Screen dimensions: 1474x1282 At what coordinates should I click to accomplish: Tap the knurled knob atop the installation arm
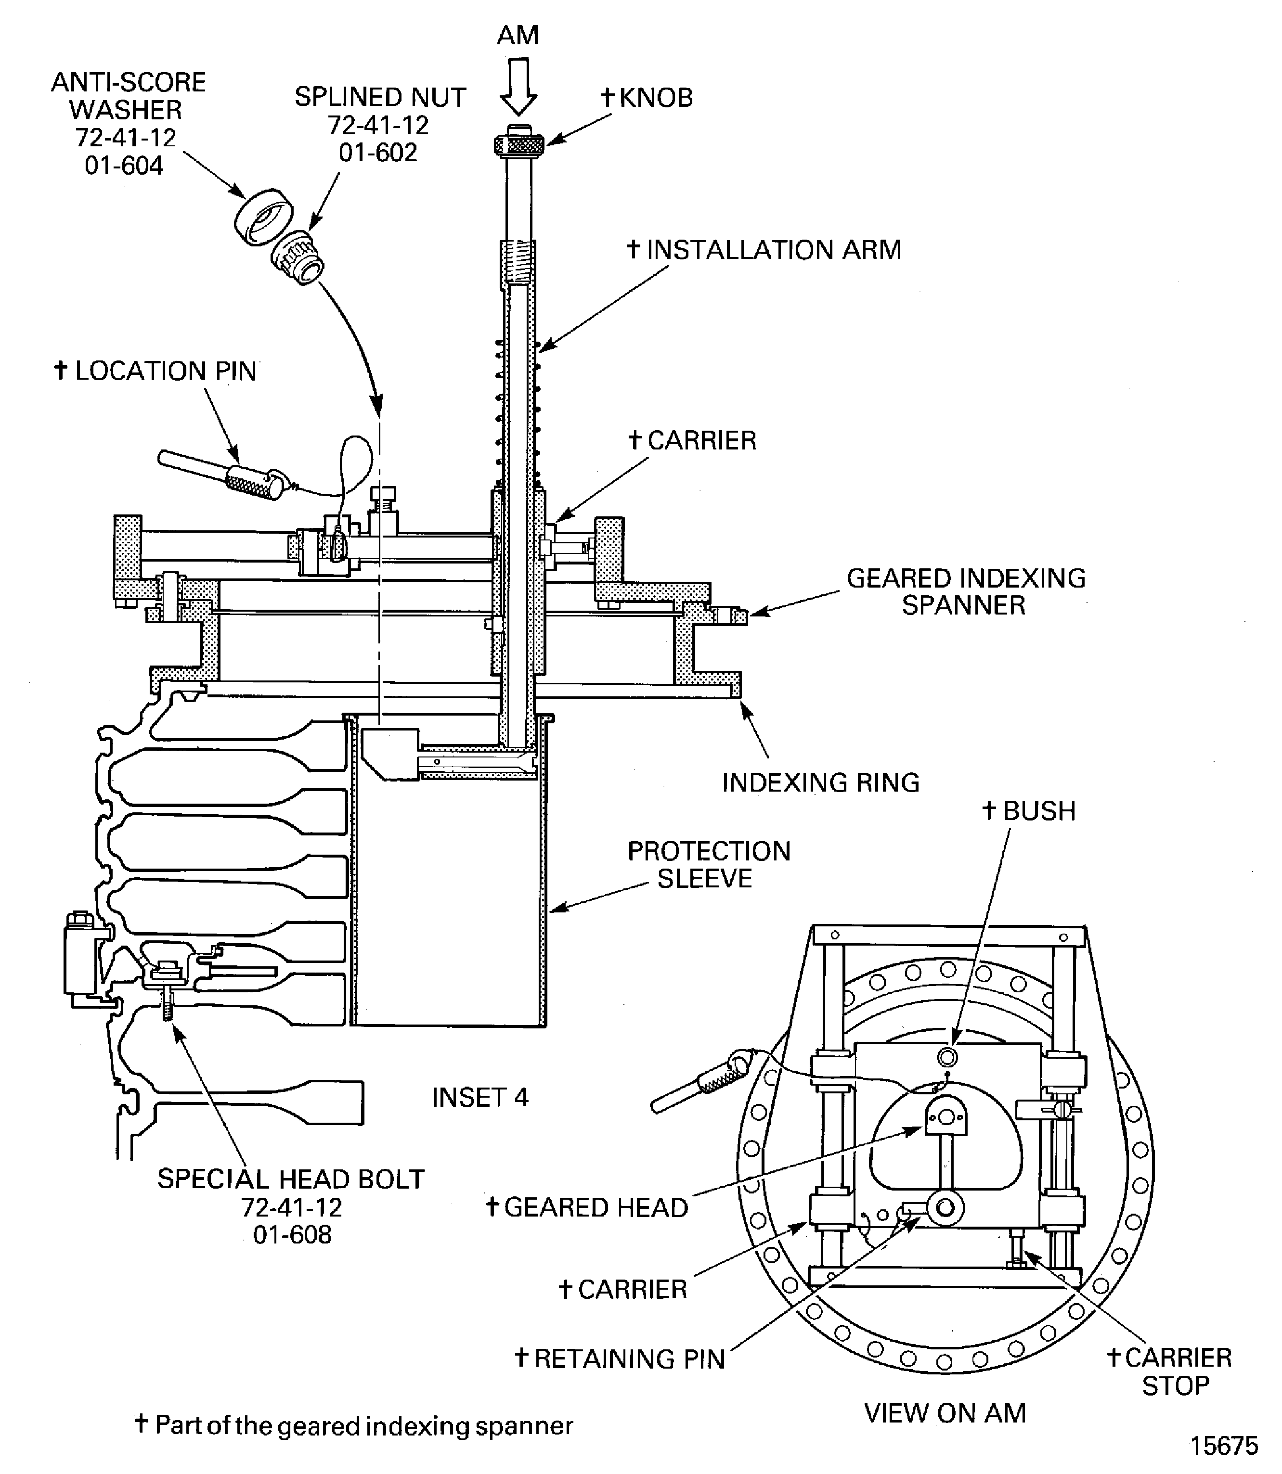click(518, 143)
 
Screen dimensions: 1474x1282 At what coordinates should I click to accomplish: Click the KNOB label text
click(655, 98)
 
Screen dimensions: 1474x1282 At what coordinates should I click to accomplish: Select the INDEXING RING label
click(820, 782)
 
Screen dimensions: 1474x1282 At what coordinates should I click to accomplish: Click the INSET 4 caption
click(480, 1097)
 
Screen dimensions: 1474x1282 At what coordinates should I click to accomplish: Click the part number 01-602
click(378, 153)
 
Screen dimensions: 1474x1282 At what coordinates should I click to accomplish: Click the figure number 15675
click(1223, 1446)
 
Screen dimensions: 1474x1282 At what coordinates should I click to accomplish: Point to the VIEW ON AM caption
click(945, 1413)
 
